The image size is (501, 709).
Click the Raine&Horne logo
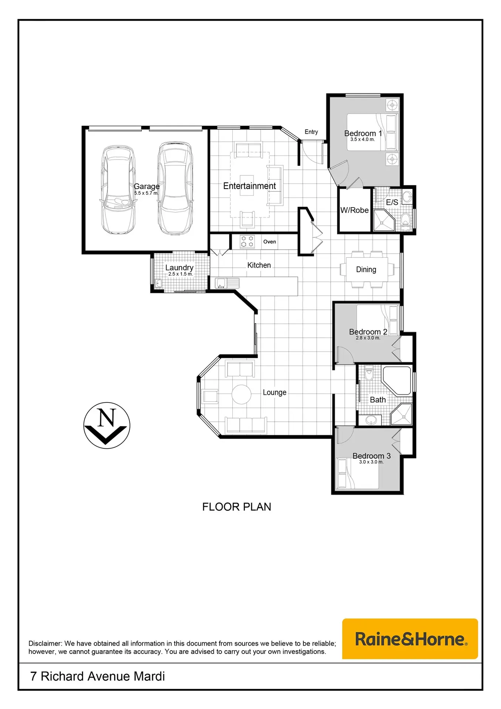tap(410, 639)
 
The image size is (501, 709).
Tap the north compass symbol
tap(107, 425)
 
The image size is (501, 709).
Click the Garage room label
tap(147, 186)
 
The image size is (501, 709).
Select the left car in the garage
tap(118, 190)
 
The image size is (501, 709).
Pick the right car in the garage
tap(175, 188)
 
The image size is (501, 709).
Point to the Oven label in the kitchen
tap(270, 242)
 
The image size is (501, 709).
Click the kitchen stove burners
tap(247, 242)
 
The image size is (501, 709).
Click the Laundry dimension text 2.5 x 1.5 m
tap(181, 274)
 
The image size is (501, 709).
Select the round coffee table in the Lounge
tap(242, 394)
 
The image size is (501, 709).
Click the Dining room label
tap(366, 270)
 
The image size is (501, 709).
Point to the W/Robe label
tap(355, 210)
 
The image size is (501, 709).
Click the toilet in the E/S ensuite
tap(405, 220)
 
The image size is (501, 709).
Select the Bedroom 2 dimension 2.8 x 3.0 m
tap(368, 338)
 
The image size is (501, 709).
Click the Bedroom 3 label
tap(372, 456)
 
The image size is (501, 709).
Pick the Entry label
tap(311, 132)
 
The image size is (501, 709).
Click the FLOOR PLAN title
tap(237, 507)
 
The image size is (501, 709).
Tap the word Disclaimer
tap(45, 643)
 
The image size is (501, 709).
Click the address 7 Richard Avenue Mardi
tap(98, 676)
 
